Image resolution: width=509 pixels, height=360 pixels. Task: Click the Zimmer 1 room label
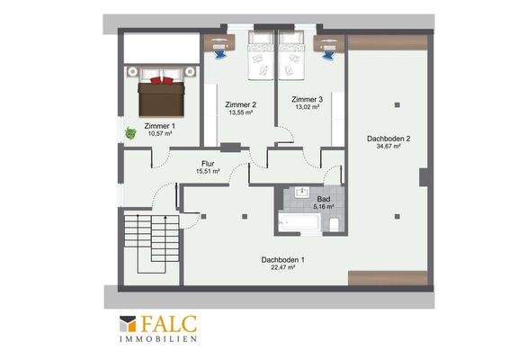(x=159, y=126)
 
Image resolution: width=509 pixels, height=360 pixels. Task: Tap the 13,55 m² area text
(x=240, y=112)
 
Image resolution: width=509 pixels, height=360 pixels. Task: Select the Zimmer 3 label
(x=307, y=99)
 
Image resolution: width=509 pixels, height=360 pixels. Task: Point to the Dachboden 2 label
(x=388, y=139)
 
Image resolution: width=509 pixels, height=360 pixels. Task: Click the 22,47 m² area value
(x=282, y=267)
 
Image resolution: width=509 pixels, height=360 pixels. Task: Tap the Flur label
(x=208, y=164)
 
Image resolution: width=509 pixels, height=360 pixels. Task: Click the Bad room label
(x=324, y=199)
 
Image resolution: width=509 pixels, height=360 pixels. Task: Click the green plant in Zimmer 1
(x=130, y=133)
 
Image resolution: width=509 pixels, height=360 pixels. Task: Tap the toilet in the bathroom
(x=334, y=224)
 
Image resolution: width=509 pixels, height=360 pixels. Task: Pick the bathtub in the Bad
(x=299, y=222)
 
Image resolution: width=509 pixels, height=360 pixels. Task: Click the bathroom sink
(x=302, y=192)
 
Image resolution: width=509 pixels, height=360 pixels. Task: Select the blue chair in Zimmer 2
(x=219, y=53)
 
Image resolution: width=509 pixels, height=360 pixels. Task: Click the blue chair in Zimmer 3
(x=328, y=53)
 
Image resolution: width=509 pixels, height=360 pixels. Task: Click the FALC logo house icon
(x=128, y=324)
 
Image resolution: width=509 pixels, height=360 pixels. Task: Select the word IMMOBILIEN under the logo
(x=158, y=339)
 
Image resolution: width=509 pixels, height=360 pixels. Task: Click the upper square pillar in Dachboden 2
(x=397, y=105)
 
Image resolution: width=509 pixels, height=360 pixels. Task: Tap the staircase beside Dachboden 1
(x=151, y=243)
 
